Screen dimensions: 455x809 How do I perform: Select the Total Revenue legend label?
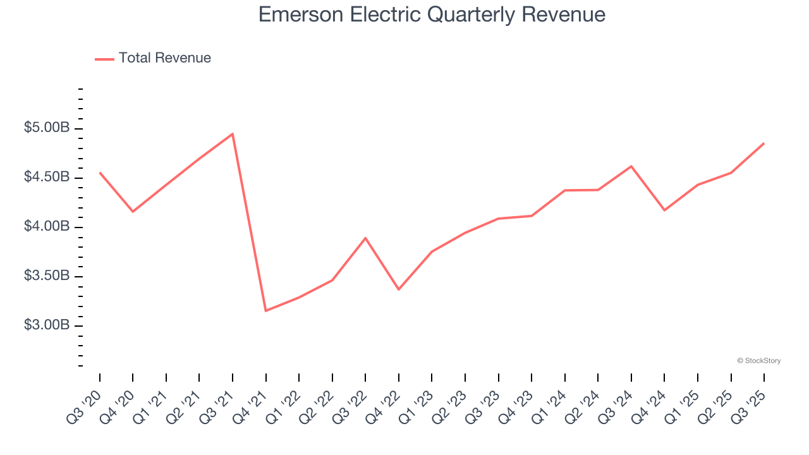pyautogui.click(x=164, y=58)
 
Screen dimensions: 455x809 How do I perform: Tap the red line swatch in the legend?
pyautogui.click(x=104, y=59)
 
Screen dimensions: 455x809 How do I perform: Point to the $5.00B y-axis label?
pyautogui.click(x=47, y=128)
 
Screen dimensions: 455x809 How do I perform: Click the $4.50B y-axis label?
pyautogui.click(x=47, y=178)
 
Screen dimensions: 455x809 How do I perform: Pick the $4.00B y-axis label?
pyautogui.click(x=47, y=227)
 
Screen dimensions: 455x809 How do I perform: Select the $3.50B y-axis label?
pyautogui.click(x=47, y=276)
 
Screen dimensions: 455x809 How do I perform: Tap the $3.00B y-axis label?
pyautogui.click(x=47, y=325)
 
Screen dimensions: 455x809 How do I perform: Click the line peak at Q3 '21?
pyautogui.click(x=233, y=134)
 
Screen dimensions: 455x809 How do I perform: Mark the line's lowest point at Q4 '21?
pyautogui.click(x=265, y=310)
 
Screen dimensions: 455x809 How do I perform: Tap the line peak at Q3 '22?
pyautogui.click(x=365, y=238)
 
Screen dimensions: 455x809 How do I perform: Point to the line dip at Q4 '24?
pyautogui.click(x=664, y=210)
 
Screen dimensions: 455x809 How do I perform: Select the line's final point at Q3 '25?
pyautogui.click(x=763, y=143)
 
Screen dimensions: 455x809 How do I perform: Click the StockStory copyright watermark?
pyautogui.click(x=758, y=361)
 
